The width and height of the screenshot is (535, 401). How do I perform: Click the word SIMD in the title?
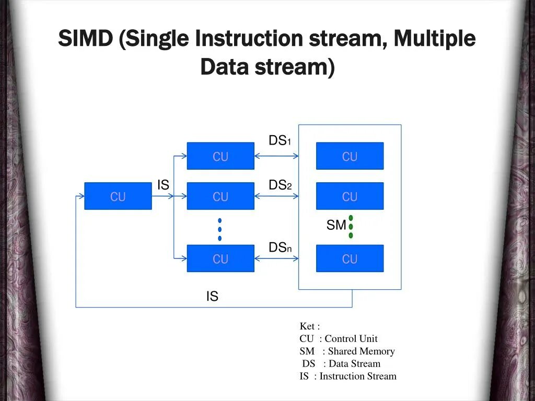(x=86, y=39)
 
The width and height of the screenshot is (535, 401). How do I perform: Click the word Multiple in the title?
(x=435, y=39)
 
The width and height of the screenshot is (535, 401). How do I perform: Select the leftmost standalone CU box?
(x=118, y=196)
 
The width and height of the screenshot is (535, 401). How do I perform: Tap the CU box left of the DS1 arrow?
(x=220, y=156)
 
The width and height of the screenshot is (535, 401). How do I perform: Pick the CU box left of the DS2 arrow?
(x=220, y=196)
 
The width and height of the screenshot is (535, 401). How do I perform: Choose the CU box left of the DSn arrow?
(x=220, y=258)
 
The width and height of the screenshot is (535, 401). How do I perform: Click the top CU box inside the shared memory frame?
(x=350, y=156)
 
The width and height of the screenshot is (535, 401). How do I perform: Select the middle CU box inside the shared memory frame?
(x=350, y=196)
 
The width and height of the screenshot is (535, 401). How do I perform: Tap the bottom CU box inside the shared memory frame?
(x=350, y=258)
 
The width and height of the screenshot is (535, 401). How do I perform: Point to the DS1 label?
(x=279, y=140)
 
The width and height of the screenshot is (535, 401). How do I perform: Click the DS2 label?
(x=279, y=185)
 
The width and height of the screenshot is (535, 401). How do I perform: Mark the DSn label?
(x=280, y=247)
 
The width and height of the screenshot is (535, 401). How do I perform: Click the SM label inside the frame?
(x=336, y=225)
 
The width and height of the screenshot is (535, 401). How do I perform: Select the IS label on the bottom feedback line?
(x=212, y=297)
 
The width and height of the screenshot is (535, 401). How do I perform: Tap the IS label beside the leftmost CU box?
(x=164, y=185)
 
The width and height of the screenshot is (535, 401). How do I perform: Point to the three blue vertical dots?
(x=220, y=229)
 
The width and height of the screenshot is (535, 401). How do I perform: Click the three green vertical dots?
(x=351, y=227)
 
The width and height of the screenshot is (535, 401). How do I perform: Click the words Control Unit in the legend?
(x=351, y=338)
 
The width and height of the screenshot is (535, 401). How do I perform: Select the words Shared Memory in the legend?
(x=361, y=351)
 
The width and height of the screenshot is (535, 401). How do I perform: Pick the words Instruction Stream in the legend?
(x=358, y=376)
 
